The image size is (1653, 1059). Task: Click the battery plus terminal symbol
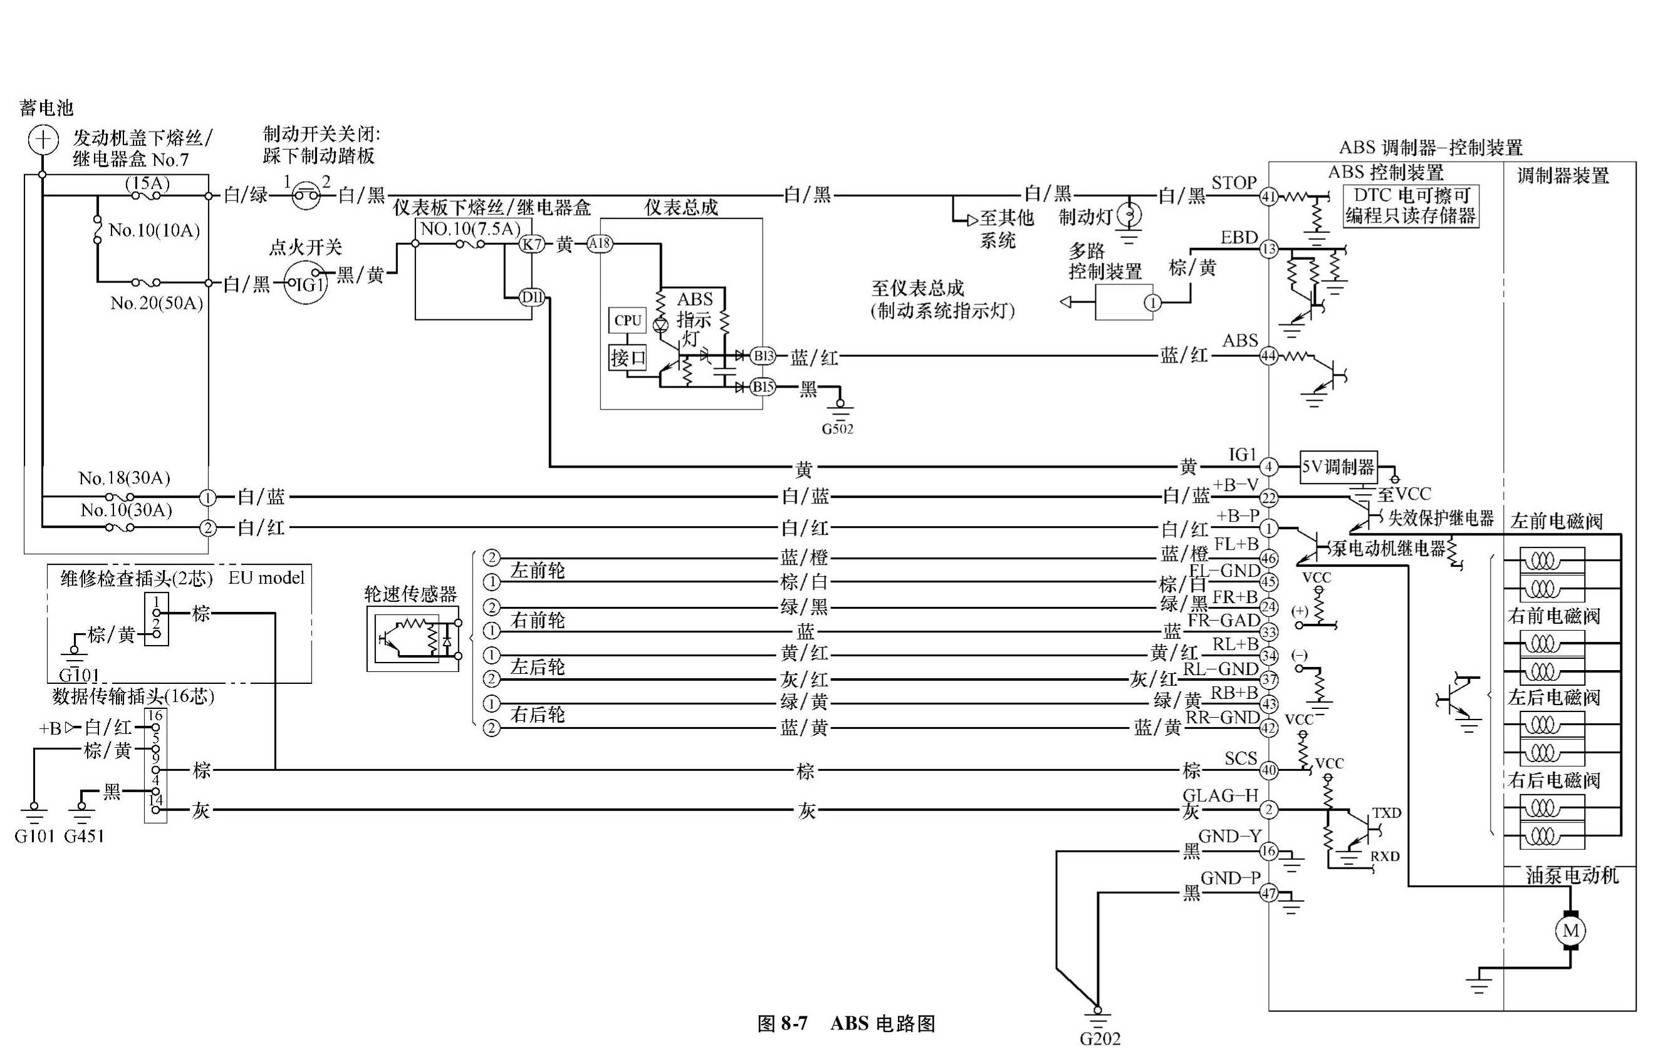[x=43, y=140]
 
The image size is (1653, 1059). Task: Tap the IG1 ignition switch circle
[x=305, y=282]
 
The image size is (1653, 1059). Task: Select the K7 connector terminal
[x=531, y=244]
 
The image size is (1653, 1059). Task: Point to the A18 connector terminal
[x=599, y=244]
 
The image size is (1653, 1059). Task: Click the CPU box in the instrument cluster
[x=627, y=321]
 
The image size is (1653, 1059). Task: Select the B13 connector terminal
[x=762, y=356]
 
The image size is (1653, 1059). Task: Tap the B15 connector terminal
[x=762, y=387]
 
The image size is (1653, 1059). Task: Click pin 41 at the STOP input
[x=1268, y=197]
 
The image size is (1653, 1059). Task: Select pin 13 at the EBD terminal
[x=1268, y=249]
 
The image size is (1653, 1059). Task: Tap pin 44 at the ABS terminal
[x=1268, y=356]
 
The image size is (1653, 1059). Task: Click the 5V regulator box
[x=1338, y=468]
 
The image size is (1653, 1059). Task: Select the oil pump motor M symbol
[x=1570, y=931]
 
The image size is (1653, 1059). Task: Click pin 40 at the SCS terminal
[x=1268, y=771]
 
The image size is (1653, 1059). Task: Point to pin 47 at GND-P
[x=1268, y=893]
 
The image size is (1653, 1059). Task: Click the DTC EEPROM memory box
[x=1411, y=205]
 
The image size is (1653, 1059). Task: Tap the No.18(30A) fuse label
[x=124, y=478]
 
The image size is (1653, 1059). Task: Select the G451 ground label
[x=84, y=836]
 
